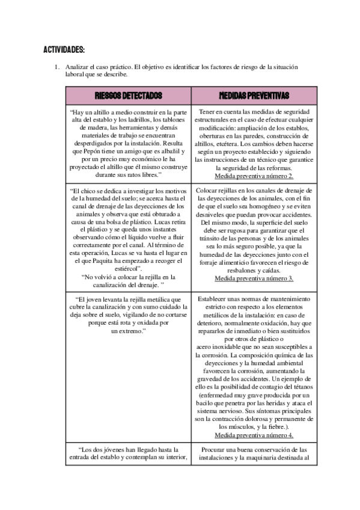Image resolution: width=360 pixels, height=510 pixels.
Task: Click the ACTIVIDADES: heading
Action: (64, 49)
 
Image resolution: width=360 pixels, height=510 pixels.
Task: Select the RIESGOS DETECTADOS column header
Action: (128, 96)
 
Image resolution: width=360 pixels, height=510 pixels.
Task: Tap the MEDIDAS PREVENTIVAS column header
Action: (253, 96)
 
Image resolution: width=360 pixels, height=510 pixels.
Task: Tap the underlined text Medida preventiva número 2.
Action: (253, 176)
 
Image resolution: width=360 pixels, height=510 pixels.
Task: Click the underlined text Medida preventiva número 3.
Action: (253, 278)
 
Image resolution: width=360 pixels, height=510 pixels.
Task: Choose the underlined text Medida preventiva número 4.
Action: (253, 435)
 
